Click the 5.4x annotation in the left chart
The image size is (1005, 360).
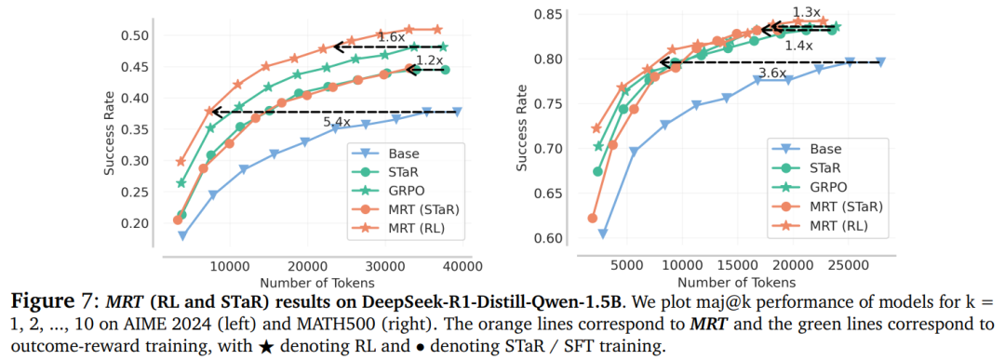tap(337, 122)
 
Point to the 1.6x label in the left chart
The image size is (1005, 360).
tap(390, 37)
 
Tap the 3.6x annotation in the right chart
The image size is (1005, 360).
tap(771, 73)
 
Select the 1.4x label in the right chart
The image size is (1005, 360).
tap(798, 46)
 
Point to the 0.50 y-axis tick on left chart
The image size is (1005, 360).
tap(134, 36)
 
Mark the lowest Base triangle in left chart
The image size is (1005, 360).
tap(182, 235)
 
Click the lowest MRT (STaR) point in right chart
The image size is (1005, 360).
tap(592, 218)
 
